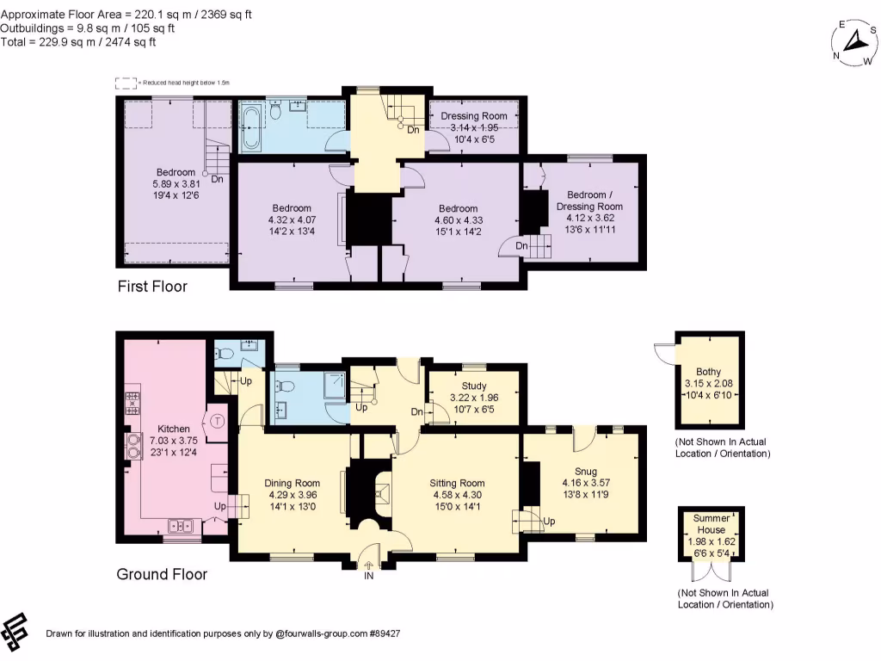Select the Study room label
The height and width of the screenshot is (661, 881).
(474, 386)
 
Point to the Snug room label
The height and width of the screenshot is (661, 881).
(584, 472)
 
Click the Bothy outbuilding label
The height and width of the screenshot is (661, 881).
(710, 372)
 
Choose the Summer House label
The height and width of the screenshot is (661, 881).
(711, 523)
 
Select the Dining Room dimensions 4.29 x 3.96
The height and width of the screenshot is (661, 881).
(293, 495)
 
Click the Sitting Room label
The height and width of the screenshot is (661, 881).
(458, 483)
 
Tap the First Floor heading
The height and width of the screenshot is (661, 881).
(152, 287)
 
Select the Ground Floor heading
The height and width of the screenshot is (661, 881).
(162, 574)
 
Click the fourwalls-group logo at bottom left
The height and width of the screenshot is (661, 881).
(15, 633)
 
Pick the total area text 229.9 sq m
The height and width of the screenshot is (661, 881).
(78, 41)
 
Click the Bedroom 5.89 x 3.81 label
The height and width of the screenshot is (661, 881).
(176, 171)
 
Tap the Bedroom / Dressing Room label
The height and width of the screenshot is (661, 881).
(588, 201)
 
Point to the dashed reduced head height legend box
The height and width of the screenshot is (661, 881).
(126, 83)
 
